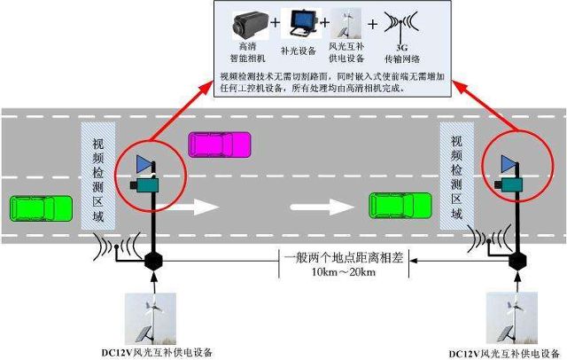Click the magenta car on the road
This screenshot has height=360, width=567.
pos(220,145)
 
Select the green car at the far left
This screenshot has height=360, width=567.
pos(41,208)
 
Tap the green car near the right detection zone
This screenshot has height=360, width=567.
pos(400,206)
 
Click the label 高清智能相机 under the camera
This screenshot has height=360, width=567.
pos(248,52)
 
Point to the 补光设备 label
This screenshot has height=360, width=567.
pos(299,51)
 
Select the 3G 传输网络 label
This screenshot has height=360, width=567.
pos(402,53)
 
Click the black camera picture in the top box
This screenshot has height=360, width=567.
pos(250,25)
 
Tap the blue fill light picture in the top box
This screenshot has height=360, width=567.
pos(301,23)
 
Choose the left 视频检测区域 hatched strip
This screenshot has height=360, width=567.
pos(98,176)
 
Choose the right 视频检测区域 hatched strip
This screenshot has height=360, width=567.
pos(457,176)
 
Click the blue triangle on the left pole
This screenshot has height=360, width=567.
pos(144,164)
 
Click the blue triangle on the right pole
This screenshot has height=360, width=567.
pos(509,164)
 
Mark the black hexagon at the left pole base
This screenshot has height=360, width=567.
pos(153,262)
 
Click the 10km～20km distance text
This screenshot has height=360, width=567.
pos(344,271)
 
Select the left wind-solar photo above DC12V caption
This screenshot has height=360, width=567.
pos(151,318)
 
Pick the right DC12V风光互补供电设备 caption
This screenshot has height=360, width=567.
pos(505,354)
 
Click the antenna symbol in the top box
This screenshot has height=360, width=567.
pos(400,26)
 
